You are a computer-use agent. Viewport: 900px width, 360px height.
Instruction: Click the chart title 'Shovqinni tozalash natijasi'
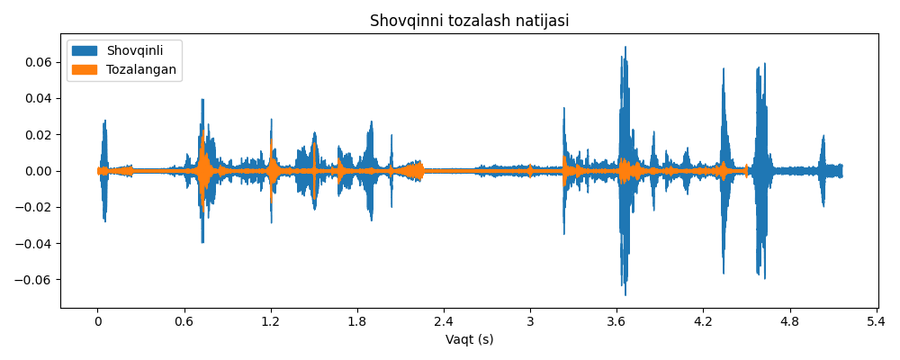tap(469, 21)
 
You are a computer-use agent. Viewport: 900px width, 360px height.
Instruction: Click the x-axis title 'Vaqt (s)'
tap(469, 340)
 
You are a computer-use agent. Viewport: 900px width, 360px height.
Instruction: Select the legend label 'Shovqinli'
tap(135, 51)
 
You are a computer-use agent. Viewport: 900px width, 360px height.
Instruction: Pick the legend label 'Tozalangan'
tap(141, 70)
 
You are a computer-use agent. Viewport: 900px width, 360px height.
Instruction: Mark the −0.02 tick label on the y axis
tap(37, 207)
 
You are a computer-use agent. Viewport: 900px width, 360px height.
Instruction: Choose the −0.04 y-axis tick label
tap(37, 244)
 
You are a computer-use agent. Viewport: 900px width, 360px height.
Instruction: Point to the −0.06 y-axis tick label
tap(37, 280)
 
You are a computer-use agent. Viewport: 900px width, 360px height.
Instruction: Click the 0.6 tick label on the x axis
tap(184, 321)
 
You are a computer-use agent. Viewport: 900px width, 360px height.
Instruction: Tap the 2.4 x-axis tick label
tap(444, 321)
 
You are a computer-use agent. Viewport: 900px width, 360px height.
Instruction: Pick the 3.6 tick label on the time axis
tap(616, 321)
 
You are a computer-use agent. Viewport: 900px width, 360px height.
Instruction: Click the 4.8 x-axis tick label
tap(789, 321)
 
